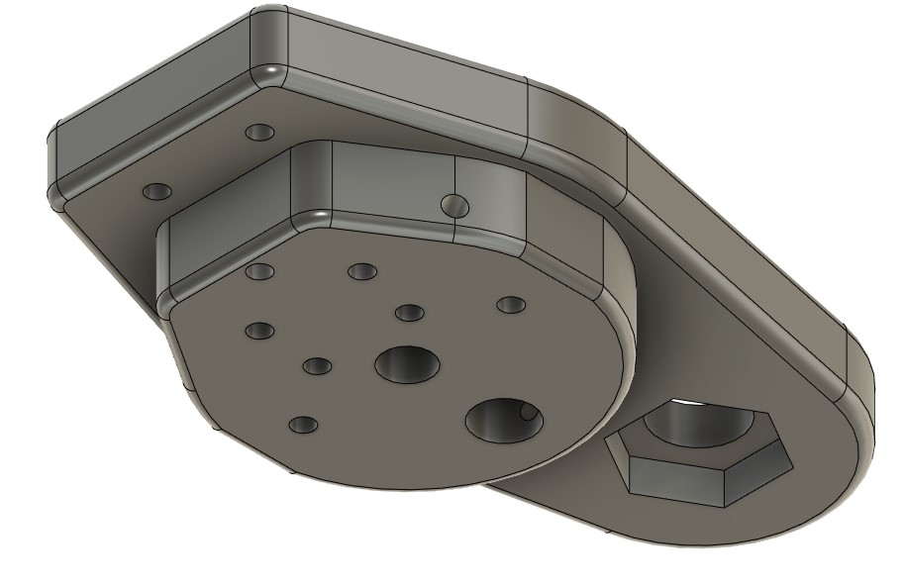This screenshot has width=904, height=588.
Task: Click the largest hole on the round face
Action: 503,420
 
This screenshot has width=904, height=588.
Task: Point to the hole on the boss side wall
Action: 453,205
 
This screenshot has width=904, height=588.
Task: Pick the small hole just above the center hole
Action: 409,313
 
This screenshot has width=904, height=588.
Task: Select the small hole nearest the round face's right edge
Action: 509,304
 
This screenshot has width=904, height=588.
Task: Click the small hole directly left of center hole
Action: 317,366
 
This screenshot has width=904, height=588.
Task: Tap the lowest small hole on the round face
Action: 303,425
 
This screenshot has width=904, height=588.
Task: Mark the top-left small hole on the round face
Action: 259,271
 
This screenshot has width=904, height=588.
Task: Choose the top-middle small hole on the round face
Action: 361,270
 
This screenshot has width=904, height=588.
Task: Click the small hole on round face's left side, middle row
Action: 259,330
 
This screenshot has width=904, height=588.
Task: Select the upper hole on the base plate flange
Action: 259,132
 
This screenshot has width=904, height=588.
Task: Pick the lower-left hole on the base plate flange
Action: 156,190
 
